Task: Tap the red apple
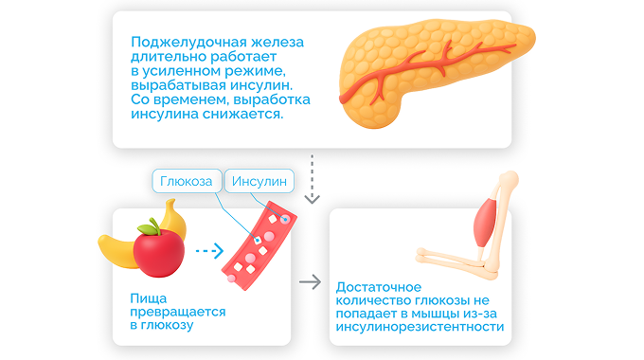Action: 158,252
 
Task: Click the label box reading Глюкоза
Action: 186,181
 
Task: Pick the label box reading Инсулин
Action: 259,181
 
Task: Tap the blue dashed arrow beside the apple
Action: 208,252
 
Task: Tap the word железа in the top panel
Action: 275,43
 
